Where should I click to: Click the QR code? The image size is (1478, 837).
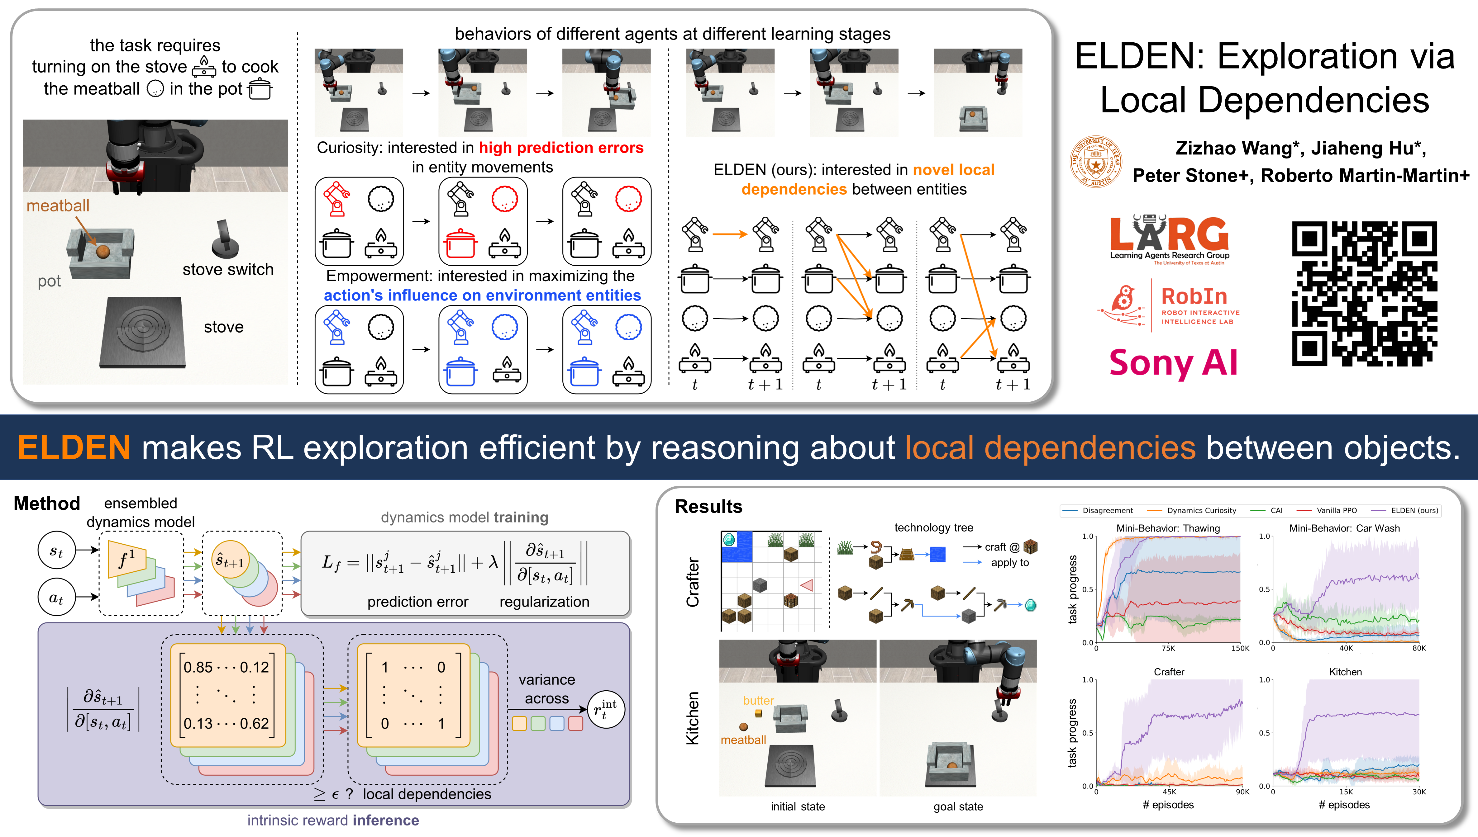(x=1364, y=293)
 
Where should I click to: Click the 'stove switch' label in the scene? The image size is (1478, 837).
(x=228, y=270)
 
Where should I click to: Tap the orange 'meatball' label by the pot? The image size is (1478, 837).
(x=58, y=206)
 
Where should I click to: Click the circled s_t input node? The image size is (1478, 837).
(x=56, y=551)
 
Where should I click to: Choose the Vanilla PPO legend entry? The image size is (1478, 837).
(x=1336, y=510)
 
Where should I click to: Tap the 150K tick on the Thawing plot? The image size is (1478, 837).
(x=1240, y=648)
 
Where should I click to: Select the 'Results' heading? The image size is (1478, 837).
(x=708, y=506)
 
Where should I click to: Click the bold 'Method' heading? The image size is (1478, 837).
(x=47, y=504)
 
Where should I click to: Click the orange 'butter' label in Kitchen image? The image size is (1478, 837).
(x=758, y=701)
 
